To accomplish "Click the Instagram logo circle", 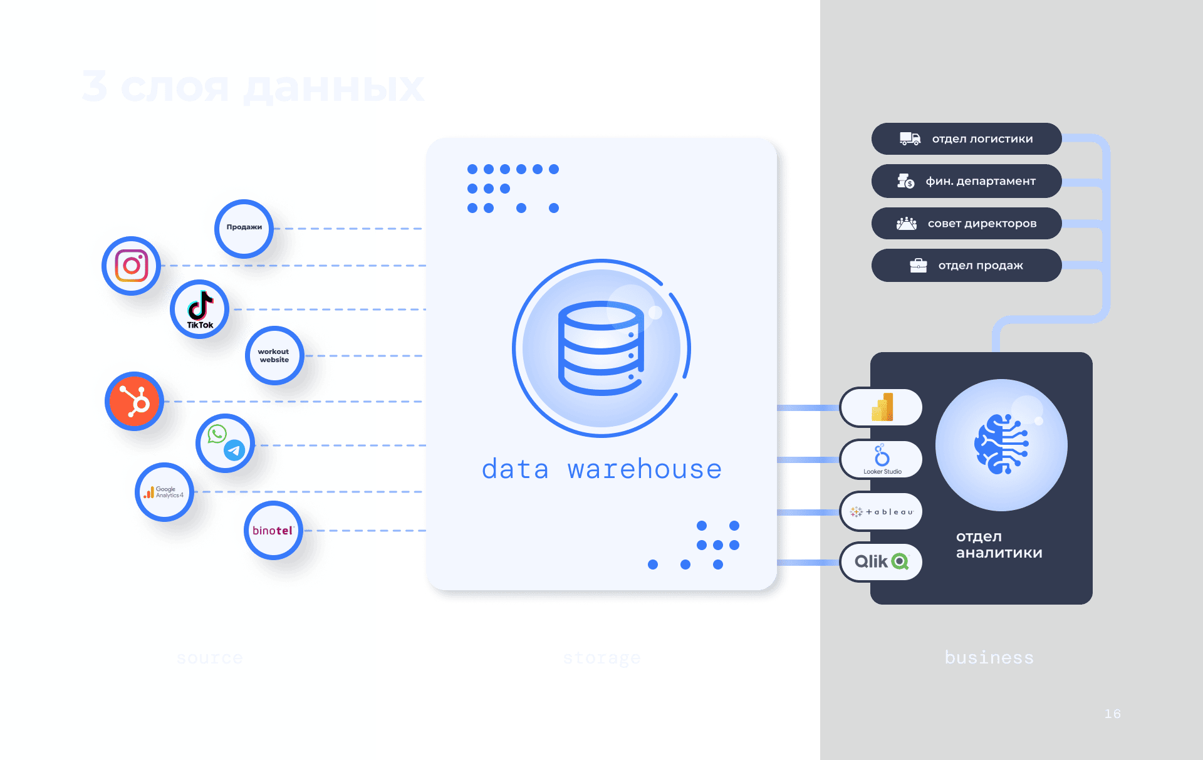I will tap(132, 266).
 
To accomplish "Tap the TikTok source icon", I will tap(200, 309).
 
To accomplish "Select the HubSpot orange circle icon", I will tap(134, 401).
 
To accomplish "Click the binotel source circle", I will tap(273, 530).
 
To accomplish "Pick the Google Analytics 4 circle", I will tap(164, 492).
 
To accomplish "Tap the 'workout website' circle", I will tap(274, 355).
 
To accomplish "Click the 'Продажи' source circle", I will tap(244, 228).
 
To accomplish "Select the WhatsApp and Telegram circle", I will tap(226, 443).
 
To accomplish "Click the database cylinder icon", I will tap(601, 348).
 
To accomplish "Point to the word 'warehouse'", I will tap(645, 469).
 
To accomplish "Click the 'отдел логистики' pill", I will tap(966, 138).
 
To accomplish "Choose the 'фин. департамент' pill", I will tap(966, 181).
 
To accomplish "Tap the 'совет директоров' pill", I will tap(966, 224).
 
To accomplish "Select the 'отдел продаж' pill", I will tap(966, 266).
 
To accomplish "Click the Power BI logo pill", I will tap(882, 407).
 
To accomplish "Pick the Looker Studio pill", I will tap(882, 459).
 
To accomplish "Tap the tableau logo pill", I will tap(882, 512).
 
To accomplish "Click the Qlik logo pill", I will tap(882, 561).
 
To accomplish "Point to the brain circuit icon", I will tap(1001, 444).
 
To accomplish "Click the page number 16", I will tap(1112, 714).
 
